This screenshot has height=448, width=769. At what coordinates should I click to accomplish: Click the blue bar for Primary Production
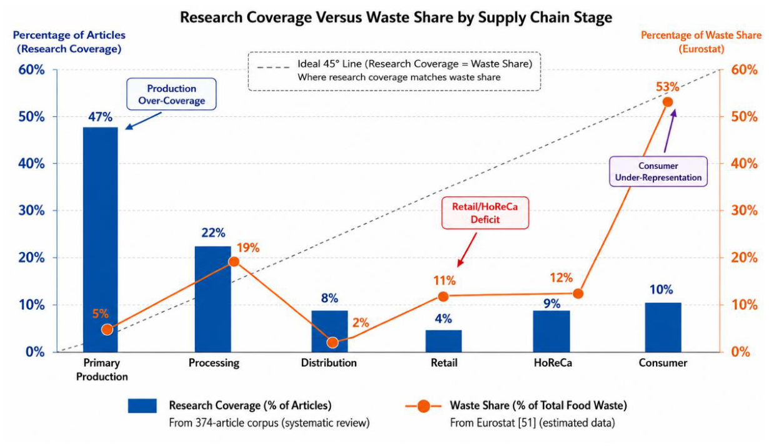(x=100, y=240)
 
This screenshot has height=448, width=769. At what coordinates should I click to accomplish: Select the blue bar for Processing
(x=213, y=299)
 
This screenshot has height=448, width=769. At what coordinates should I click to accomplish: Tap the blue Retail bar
(x=444, y=341)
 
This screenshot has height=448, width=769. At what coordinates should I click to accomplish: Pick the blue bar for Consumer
(x=663, y=327)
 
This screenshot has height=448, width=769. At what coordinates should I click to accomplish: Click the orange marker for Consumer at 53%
(x=668, y=102)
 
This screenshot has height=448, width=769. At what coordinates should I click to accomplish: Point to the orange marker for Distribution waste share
(x=332, y=342)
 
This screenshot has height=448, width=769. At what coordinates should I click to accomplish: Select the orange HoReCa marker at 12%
(x=578, y=293)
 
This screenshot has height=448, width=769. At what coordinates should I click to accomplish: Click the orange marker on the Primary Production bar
(x=107, y=330)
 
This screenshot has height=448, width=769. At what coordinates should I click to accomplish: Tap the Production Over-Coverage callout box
(x=171, y=94)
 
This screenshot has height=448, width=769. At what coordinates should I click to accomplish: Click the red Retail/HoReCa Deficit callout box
(x=485, y=213)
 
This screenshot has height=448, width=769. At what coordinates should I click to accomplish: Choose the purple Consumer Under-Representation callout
(x=658, y=171)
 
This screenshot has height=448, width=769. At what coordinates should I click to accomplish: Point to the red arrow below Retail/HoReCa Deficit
(x=467, y=250)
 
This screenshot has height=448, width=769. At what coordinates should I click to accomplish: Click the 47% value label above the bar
(x=100, y=117)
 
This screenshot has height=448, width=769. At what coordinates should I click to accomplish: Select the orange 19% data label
(x=248, y=248)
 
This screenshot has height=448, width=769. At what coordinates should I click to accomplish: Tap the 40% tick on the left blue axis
(x=32, y=164)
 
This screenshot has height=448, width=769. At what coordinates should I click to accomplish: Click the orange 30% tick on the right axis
(x=744, y=210)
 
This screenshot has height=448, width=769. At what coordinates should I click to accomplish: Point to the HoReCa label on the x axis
(x=553, y=363)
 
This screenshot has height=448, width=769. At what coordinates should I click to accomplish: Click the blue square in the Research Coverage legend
(x=142, y=405)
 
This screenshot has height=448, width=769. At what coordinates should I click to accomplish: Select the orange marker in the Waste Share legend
(x=424, y=406)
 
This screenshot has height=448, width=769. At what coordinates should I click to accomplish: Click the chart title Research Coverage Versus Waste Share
(x=396, y=17)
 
